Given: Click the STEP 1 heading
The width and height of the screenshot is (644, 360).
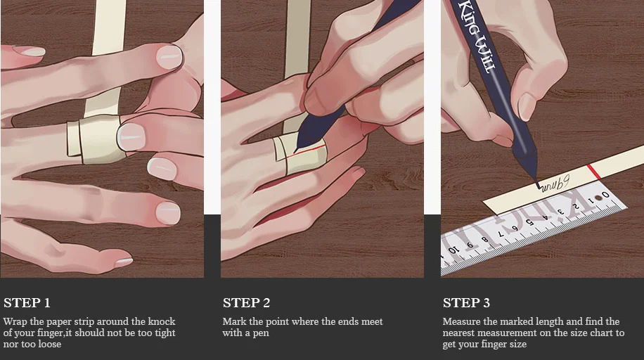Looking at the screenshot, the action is tap(27, 303).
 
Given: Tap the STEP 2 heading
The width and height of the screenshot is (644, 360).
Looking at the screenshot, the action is tap(247, 303).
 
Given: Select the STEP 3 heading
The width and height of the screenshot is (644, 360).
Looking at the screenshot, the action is tap(466, 303).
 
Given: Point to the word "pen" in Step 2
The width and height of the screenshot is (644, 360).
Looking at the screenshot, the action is tap(261, 333).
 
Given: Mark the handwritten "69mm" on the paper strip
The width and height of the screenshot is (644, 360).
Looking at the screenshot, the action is tap(555, 184).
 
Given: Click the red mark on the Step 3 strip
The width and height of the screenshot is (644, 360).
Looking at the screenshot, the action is tap(594, 172).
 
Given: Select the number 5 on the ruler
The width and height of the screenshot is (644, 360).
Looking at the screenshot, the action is tap(529, 222).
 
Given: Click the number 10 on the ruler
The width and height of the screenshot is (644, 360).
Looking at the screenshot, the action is tap(453, 250).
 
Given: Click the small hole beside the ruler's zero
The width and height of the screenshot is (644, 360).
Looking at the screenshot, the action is tap(599, 198).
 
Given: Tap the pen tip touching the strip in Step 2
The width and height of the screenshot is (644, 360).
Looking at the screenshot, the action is tap(296, 151).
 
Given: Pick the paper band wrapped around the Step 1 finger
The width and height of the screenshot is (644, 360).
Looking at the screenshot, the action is tap(97, 139).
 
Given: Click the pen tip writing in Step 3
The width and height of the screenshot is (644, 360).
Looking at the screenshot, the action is tap(539, 186).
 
